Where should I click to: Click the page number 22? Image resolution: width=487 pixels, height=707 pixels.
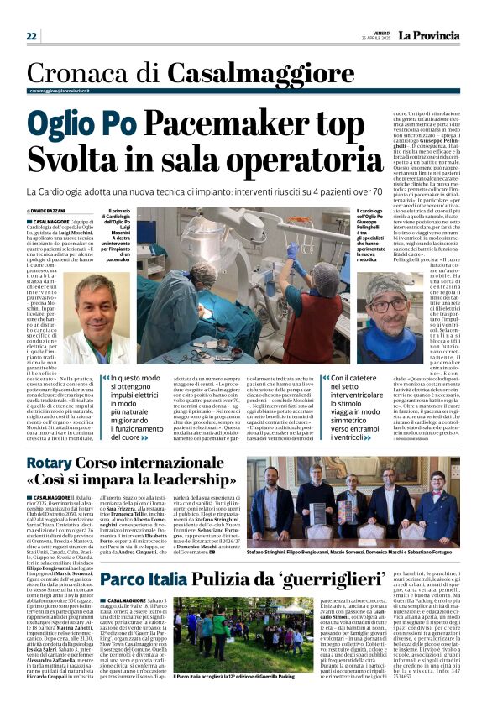(x=32, y=36)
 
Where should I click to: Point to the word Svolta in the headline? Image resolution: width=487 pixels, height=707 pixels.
(x=81, y=160)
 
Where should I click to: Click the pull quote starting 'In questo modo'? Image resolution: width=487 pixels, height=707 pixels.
(x=146, y=408)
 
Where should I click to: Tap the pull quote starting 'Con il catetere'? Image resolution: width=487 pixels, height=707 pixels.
(x=336, y=408)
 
